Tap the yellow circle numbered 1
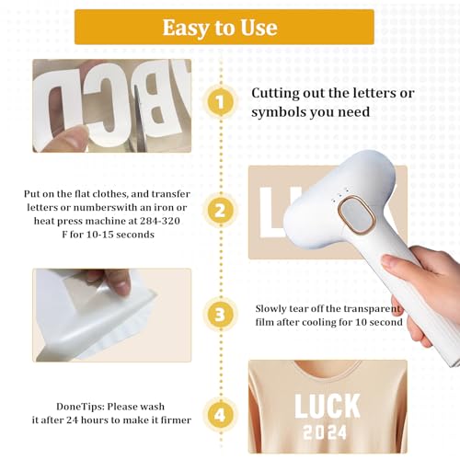220,102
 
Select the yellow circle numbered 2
220,210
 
